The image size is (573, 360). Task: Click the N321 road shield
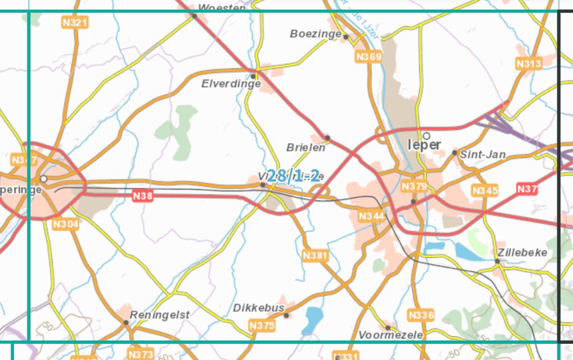(x=75, y=23)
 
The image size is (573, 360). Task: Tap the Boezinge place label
(x=316, y=34)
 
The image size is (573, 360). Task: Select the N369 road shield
(x=368, y=56)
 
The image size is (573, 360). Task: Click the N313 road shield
(x=528, y=63)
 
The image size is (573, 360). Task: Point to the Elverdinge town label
(x=231, y=84)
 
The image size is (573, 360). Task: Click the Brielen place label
(x=306, y=147)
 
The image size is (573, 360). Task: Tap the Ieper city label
(x=424, y=145)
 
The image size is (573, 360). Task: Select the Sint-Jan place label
(x=484, y=155)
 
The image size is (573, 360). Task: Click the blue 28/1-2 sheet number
(x=293, y=176)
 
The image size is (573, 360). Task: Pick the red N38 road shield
(x=143, y=196)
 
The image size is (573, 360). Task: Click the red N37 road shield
(x=527, y=189)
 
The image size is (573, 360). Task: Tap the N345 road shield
(x=485, y=190)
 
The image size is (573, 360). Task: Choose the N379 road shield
(x=414, y=186)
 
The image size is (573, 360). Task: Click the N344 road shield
(x=371, y=216)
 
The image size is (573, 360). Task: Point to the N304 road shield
(x=66, y=224)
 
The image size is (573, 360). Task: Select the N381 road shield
(x=315, y=255)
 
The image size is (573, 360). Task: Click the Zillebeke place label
(x=522, y=253)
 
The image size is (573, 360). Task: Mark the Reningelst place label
(x=160, y=315)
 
